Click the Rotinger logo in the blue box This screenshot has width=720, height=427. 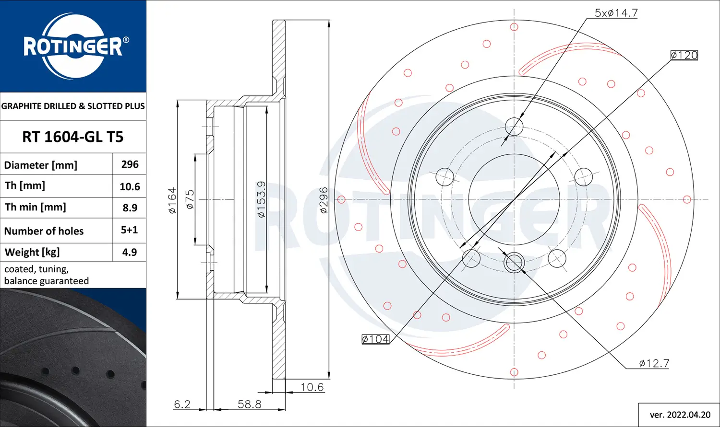coord(73,46)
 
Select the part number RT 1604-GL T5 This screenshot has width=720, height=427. coord(73,137)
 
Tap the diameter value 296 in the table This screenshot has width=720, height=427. coord(130,164)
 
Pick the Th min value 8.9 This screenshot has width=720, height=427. coord(130,208)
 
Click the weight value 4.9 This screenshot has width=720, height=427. coord(130,252)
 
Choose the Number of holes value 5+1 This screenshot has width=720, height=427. coord(130,230)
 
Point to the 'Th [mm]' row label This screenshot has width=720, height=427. coord(25,186)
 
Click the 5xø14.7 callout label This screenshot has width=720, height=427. coord(616,13)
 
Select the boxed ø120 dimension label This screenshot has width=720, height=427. coord(684,55)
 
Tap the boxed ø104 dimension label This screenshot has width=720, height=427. coord(375,339)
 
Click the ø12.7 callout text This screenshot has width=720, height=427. coord(654,363)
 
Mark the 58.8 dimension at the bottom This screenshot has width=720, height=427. coord(249,404)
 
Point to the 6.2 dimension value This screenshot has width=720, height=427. coord(182,404)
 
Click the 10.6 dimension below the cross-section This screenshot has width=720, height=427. coord(312,387)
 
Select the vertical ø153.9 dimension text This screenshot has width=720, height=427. coord(261,199)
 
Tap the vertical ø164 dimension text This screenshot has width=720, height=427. coord(172,200)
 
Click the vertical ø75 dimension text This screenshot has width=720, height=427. coord(190,199)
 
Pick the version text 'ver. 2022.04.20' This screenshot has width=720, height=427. coord(680,415)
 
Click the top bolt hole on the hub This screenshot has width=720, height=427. coord(514,127)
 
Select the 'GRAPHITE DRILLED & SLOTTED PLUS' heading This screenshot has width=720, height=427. coord(73,106)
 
